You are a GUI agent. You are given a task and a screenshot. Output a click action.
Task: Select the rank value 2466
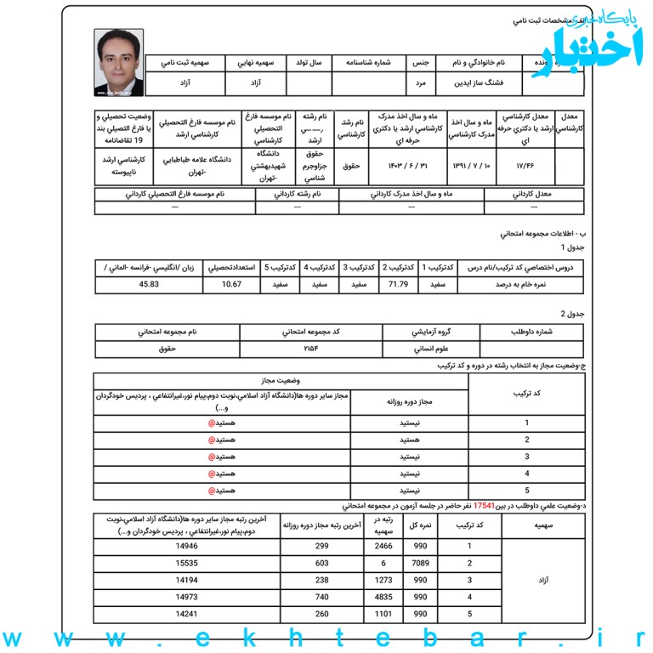(384, 546)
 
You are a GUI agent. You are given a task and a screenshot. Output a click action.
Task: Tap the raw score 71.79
(399, 284)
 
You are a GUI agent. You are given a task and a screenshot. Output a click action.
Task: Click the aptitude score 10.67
(231, 284)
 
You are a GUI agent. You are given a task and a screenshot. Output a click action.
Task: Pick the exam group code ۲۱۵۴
(310, 349)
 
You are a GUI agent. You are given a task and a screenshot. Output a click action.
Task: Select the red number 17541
(485, 504)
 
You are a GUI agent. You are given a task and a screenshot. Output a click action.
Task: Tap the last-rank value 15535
(186, 563)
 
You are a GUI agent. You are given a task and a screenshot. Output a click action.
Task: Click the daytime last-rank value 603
(322, 563)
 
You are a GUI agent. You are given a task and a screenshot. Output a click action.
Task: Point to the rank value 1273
(384, 580)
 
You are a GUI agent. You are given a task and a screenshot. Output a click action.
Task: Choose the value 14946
(186, 546)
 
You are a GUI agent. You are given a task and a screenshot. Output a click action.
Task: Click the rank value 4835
(384, 597)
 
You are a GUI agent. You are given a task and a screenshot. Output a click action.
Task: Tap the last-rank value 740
(322, 597)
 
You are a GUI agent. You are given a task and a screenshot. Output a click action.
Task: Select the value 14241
(186, 614)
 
